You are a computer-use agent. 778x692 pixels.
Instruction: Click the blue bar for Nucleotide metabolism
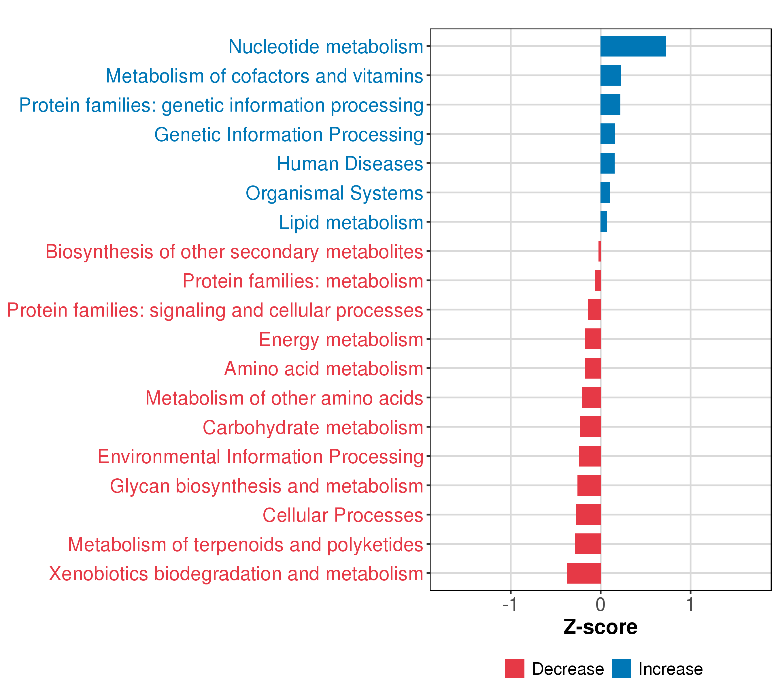(x=633, y=46)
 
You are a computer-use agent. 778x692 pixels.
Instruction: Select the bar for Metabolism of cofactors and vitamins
(x=611, y=76)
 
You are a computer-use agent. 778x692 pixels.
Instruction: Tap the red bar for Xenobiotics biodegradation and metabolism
(x=583, y=573)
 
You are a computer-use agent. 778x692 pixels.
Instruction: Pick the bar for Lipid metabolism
(x=604, y=222)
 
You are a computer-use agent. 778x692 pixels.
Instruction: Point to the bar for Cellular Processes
(x=588, y=514)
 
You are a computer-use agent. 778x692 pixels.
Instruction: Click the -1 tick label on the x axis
(x=510, y=604)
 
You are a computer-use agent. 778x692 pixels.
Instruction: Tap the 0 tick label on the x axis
(x=600, y=604)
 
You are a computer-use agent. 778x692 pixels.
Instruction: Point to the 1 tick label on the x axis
(x=690, y=604)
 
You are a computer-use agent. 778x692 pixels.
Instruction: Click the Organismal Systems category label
(x=334, y=193)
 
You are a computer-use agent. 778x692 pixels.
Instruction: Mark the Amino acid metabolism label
(x=324, y=369)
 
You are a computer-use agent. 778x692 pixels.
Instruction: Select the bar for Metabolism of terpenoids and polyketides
(x=588, y=544)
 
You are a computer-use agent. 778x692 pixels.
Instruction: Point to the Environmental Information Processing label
(x=260, y=457)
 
